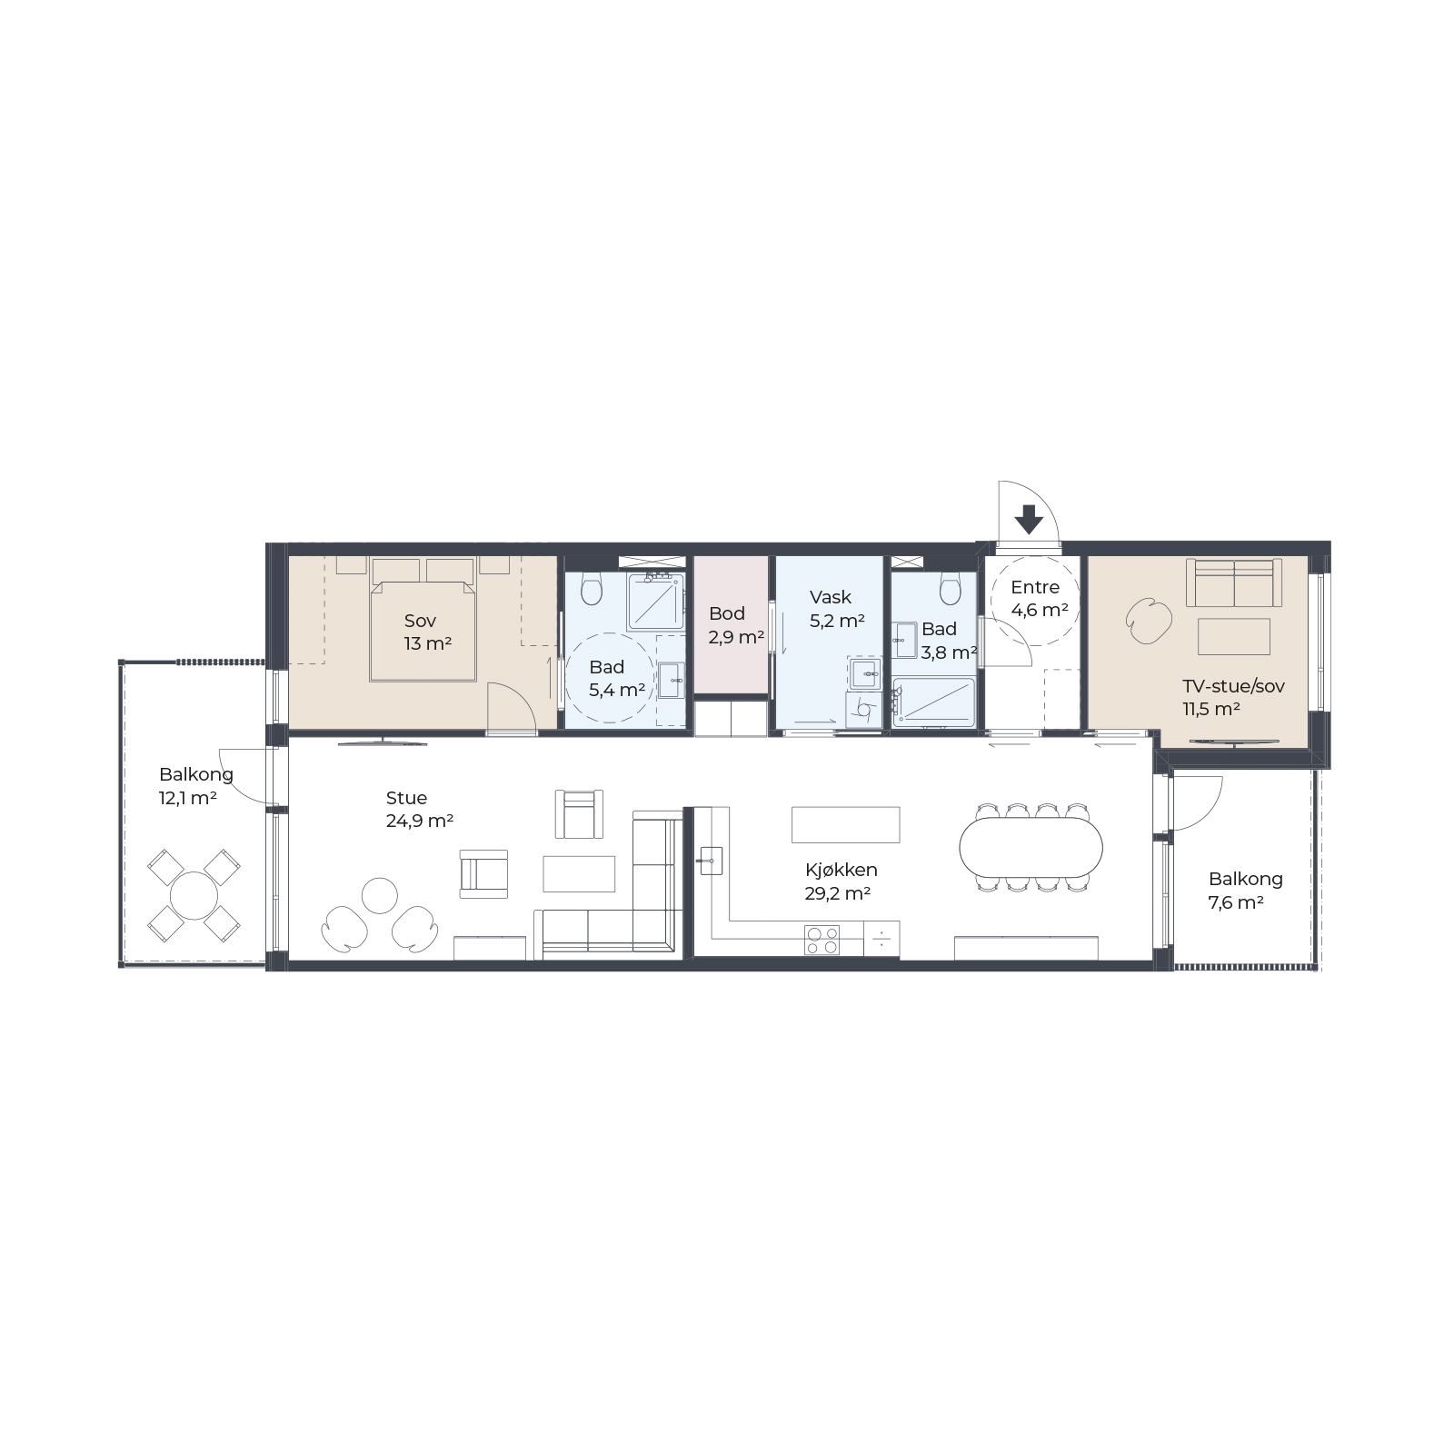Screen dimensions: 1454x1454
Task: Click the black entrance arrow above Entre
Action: point(1029,520)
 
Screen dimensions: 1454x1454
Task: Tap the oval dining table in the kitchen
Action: point(1031,847)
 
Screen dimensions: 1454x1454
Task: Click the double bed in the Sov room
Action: point(423,632)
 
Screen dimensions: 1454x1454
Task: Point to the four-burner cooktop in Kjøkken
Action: point(822,940)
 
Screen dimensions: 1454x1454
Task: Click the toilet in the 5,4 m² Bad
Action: point(592,589)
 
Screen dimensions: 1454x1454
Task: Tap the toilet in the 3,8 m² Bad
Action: point(951,589)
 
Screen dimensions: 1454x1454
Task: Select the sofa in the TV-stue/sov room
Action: point(1233,583)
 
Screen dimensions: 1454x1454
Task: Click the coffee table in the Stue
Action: point(579,874)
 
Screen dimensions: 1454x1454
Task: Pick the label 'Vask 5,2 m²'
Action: point(836,609)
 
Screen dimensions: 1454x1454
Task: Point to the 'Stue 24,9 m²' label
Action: point(419,809)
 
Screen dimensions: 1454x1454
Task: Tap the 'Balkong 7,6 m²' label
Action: point(1245,891)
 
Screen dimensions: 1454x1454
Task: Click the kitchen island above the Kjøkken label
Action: point(846,824)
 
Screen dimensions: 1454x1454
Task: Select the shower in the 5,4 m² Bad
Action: point(655,602)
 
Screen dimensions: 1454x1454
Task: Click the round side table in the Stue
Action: point(380,896)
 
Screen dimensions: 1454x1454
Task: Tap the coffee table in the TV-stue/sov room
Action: point(1233,636)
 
